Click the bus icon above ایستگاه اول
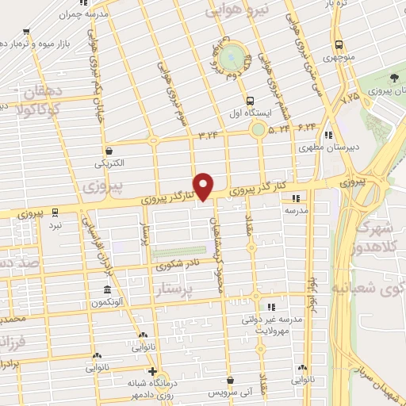tap(251, 101)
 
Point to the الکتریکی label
tap(109, 163)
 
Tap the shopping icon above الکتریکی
tap(109, 150)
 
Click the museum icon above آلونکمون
tap(106, 289)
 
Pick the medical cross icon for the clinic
tap(152, 370)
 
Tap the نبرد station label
tap(54, 225)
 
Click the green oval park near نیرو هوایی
tap(231, 56)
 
